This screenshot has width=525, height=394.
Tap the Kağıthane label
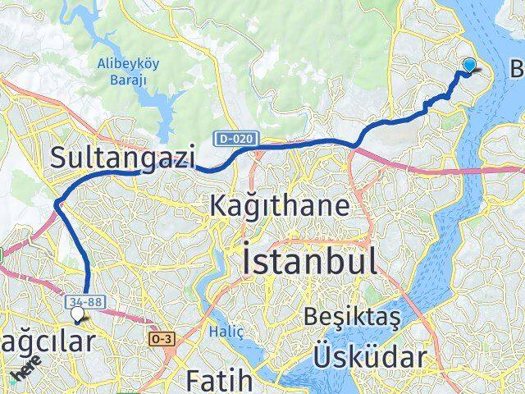point(280,204)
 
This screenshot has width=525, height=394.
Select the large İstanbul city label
point(310,262)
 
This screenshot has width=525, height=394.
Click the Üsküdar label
point(369,357)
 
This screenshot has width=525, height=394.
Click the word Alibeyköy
point(128,64)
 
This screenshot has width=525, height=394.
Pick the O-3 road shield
point(160,337)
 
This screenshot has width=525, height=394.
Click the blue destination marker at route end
point(470,66)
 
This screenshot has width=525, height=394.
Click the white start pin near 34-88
point(78,314)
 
